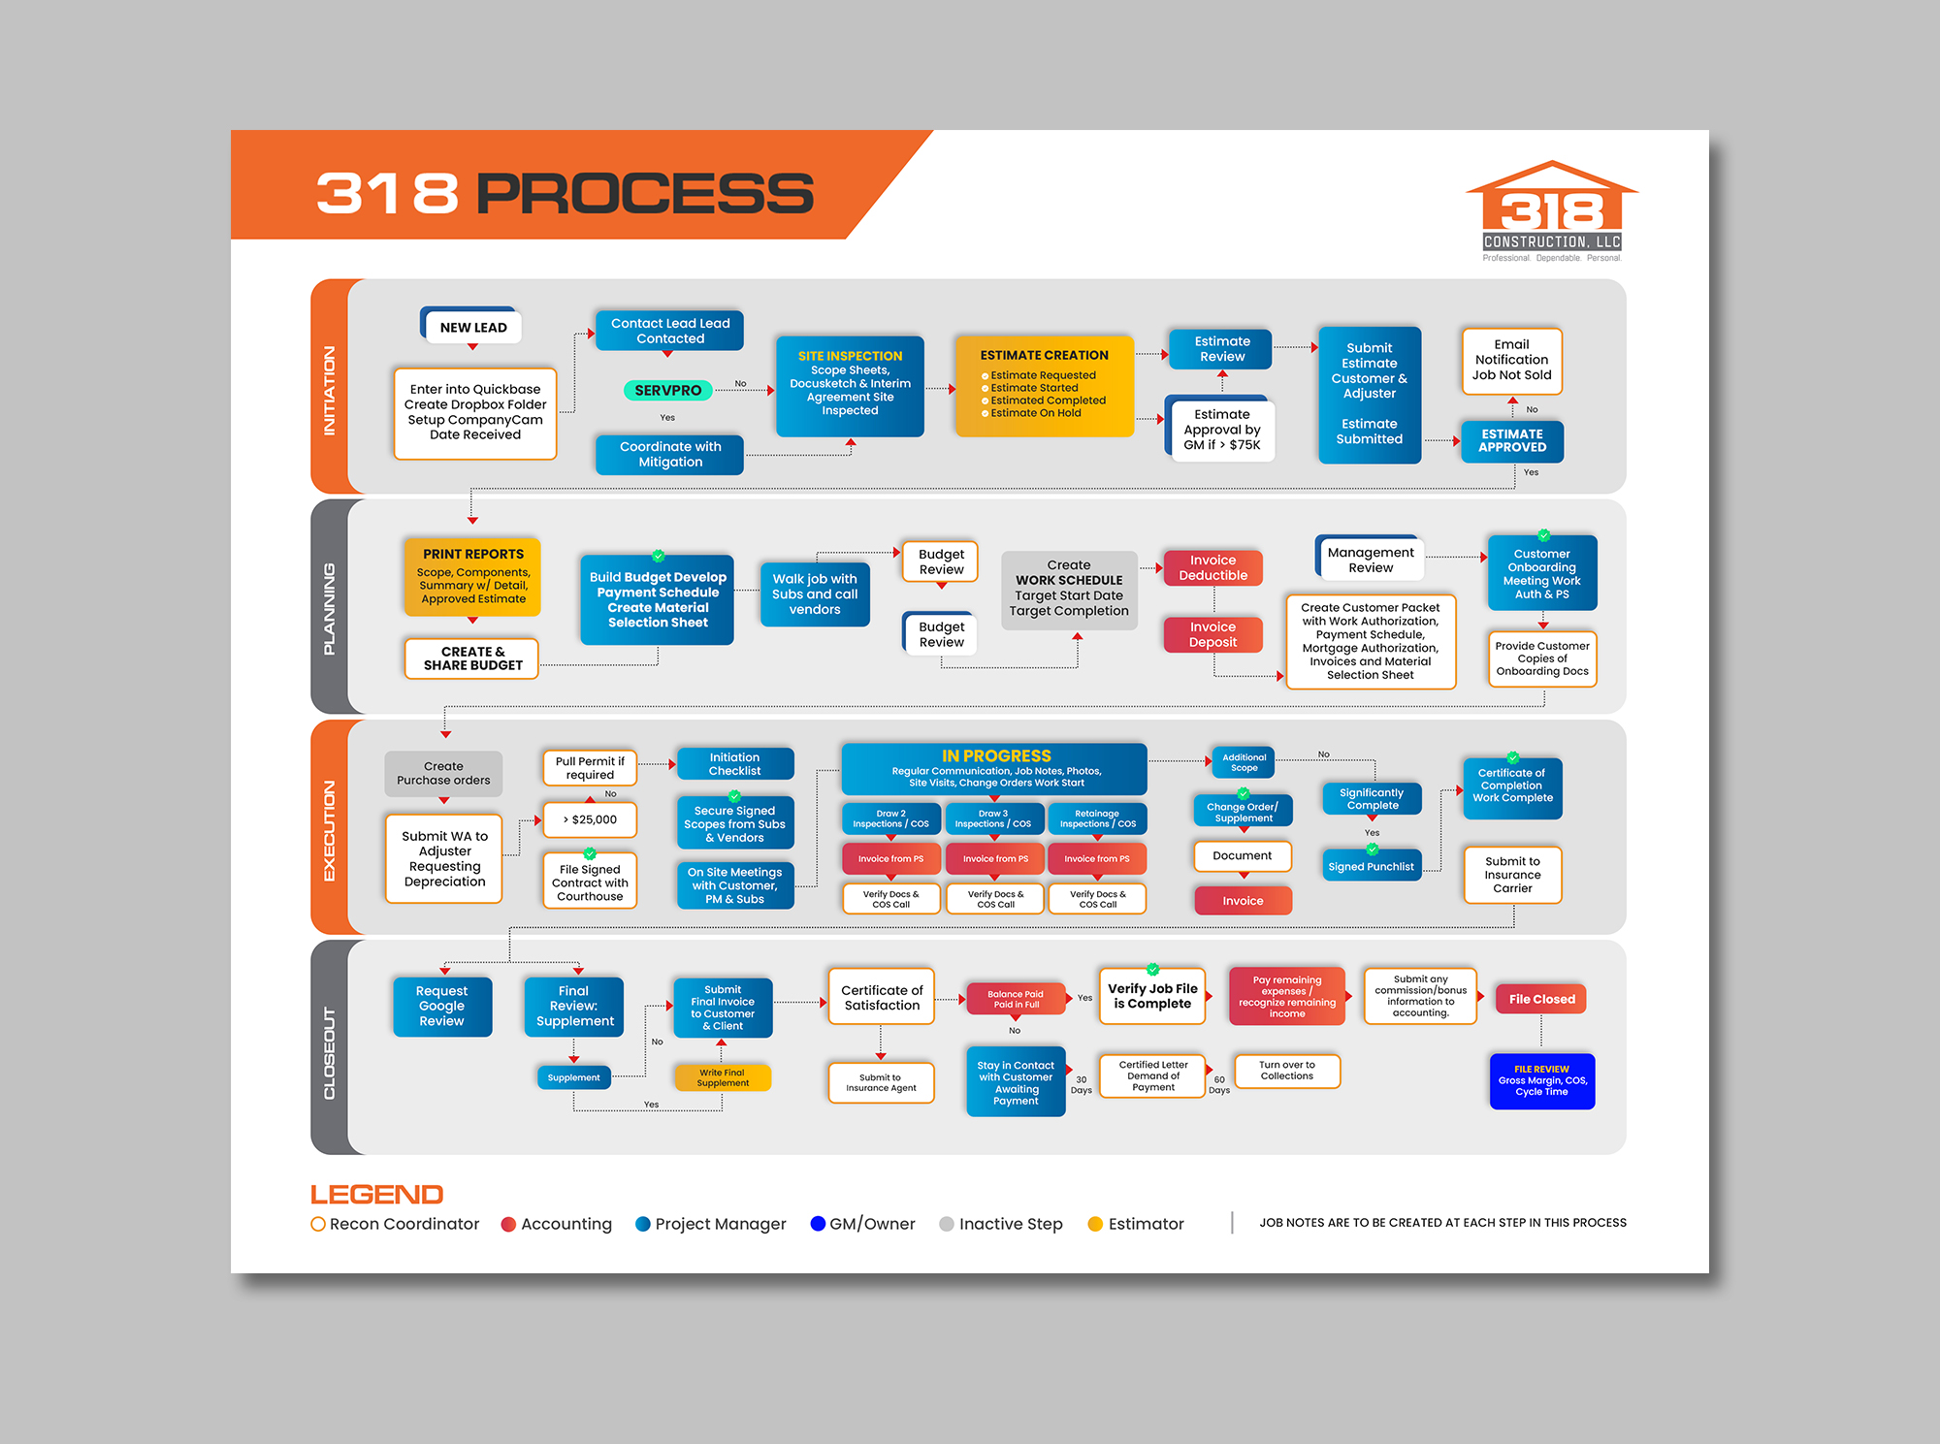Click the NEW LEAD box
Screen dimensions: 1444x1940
[472, 327]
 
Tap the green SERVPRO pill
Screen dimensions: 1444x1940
[667, 390]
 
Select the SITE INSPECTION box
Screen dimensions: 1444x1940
[850, 385]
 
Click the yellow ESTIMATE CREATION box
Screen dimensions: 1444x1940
[1044, 385]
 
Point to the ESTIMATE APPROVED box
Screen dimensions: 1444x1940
[1511, 441]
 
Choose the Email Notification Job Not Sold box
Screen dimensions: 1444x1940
[1511, 360]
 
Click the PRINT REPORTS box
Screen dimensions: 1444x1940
[472, 576]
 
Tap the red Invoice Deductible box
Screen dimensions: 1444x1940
[1212, 567]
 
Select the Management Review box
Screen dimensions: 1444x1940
[1370, 559]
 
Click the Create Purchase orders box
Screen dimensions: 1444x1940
[443, 773]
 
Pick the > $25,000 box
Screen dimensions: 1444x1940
[590, 819]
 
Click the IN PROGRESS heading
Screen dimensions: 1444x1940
[995, 755]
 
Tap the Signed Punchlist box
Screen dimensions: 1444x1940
[1371, 866]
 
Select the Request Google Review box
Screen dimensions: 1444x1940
[441, 1006]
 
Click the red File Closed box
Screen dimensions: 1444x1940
[1540, 999]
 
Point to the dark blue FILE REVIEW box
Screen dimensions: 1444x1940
[1541, 1080]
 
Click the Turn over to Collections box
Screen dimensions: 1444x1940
[1286, 1071]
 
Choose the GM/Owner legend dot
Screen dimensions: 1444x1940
[818, 1224]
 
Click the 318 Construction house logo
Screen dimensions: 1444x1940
[1551, 208]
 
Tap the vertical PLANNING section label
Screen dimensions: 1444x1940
[329, 608]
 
